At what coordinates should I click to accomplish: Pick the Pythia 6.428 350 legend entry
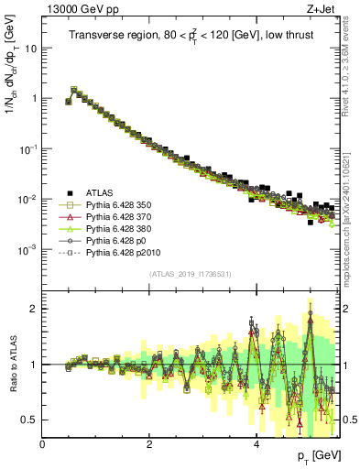[124, 205]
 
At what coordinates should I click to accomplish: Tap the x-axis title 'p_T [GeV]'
[314, 455]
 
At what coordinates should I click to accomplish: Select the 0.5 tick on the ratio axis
[31, 420]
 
